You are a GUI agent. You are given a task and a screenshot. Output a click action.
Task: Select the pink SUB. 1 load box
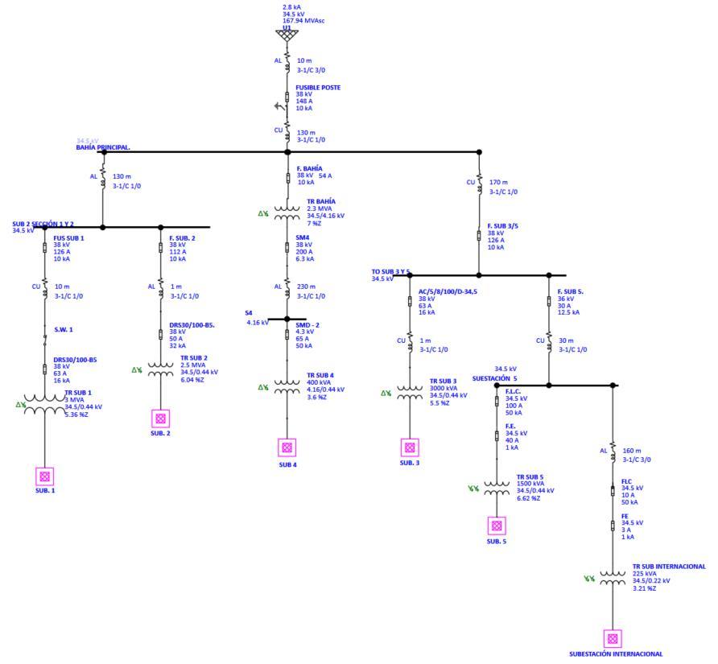coord(45,476)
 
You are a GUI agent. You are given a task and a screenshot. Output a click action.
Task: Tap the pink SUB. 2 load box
coord(160,419)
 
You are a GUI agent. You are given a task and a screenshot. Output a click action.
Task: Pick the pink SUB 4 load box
coord(287,447)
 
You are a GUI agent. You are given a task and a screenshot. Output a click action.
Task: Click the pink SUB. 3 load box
coord(410,447)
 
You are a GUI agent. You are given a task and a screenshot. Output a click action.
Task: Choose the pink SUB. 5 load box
coord(497,526)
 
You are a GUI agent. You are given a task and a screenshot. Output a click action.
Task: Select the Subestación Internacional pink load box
coord(613,638)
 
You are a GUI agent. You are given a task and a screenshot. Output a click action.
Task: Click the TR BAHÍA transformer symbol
coord(287,213)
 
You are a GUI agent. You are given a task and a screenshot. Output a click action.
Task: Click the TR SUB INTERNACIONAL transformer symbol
coord(613,579)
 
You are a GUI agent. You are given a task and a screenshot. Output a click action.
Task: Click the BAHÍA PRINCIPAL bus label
coord(103,148)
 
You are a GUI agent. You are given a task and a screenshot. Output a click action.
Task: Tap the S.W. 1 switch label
coord(64,329)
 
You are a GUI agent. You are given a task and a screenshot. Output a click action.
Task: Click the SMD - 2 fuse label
coord(308,325)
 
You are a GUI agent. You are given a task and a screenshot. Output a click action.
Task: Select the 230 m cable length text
coord(307,287)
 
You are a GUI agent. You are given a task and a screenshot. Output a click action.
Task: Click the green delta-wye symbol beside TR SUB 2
coord(137,370)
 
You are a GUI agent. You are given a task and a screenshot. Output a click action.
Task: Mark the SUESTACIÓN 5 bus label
coord(494,377)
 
